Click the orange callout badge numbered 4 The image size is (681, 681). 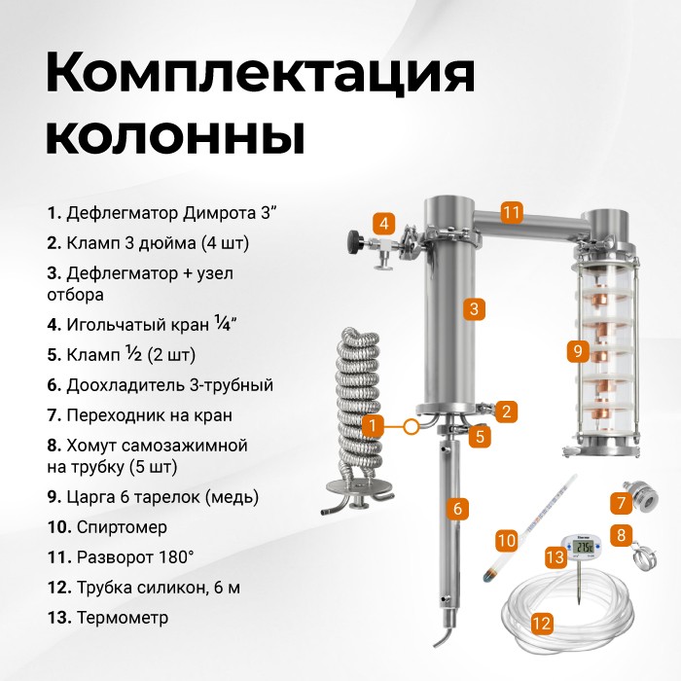384,224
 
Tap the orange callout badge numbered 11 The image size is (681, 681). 511,212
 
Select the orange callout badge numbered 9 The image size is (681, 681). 578,351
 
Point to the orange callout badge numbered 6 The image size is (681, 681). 457,508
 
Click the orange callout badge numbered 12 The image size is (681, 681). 542,624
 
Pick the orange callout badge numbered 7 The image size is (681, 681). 621,503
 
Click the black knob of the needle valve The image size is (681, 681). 355,240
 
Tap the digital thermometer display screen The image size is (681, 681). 582,547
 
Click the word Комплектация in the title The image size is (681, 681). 260,73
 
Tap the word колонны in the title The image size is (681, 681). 175,134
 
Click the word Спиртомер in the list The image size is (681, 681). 122,527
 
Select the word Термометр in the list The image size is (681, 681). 123,617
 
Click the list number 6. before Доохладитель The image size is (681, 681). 54,385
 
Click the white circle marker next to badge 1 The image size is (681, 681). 411,426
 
